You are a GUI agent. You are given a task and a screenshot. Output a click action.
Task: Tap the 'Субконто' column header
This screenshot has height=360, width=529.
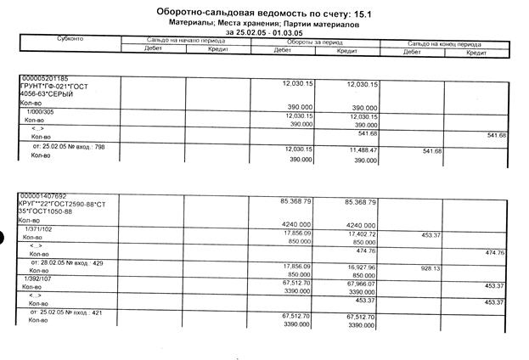coord(69,41)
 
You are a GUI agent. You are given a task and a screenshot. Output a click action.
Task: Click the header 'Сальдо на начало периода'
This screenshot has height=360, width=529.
coord(186,41)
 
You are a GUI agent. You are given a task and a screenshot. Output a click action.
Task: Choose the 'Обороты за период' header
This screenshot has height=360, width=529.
coord(314,41)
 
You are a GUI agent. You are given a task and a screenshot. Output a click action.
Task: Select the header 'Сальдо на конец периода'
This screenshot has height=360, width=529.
coord(444,41)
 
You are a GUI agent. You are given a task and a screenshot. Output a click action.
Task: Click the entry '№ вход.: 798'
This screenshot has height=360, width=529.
coord(64,148)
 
